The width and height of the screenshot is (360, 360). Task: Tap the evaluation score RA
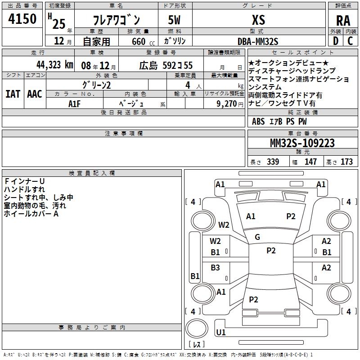coord(343,21)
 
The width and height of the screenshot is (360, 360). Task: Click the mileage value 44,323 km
coord(54,65)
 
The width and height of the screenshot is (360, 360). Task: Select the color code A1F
coord(75,103)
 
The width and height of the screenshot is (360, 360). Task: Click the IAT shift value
coord(13,94)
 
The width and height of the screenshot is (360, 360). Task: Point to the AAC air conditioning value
coord(35,94)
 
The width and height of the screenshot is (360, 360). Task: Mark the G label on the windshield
coord(257,237)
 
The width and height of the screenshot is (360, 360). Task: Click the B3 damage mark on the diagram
coord(216,268)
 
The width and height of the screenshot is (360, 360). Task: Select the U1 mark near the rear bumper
coord(220,333)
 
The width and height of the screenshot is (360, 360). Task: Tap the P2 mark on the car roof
coord(271,251)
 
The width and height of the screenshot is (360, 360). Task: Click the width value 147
coord(310,162)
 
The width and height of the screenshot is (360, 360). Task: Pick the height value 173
coord(346,162)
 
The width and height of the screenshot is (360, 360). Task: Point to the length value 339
coord(272,162)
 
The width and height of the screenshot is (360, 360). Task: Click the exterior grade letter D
coord(335,41)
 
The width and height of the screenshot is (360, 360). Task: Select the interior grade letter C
coord(351,41)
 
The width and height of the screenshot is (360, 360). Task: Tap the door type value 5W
coord(175,20)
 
